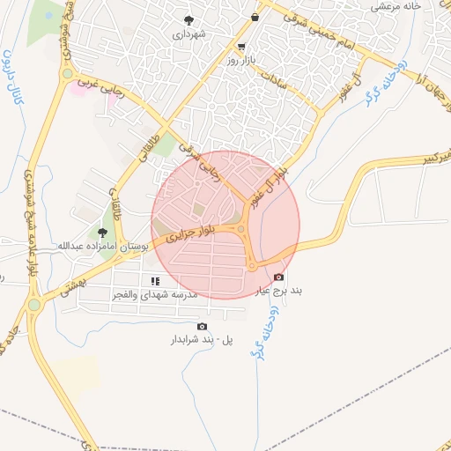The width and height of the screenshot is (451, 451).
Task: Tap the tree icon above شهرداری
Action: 189,18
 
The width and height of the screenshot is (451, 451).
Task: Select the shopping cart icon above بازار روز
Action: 241,46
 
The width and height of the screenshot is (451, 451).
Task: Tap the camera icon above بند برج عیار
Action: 279,277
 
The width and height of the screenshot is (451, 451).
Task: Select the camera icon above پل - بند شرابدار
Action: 202,326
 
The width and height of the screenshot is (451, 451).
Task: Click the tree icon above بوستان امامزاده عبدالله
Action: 103,233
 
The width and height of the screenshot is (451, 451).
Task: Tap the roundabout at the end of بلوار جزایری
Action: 240,231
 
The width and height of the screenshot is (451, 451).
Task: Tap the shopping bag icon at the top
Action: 255,16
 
